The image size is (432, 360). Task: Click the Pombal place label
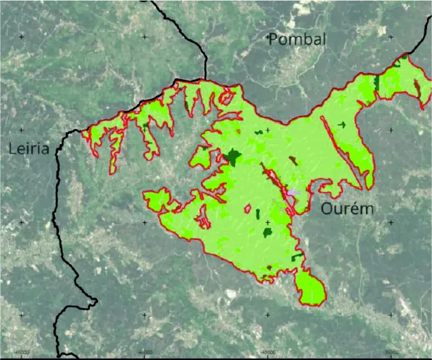coord(298,39)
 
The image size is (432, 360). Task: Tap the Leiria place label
coord(29,148)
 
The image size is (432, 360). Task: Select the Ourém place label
coord(347,209)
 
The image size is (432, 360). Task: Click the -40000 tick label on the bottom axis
coord(268,352)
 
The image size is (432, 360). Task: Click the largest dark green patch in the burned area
coord(234,157)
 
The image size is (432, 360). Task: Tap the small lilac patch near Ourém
coord(292,192)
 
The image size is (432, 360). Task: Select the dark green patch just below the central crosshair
coord(267,232)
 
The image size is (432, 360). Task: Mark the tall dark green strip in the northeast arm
coord(376,82)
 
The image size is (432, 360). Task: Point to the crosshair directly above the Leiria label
coord(22,130)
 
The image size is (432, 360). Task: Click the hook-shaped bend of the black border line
coord(92,301)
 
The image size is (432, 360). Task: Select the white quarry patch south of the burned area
coord(231,294)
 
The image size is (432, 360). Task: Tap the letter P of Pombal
coord(273,39)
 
